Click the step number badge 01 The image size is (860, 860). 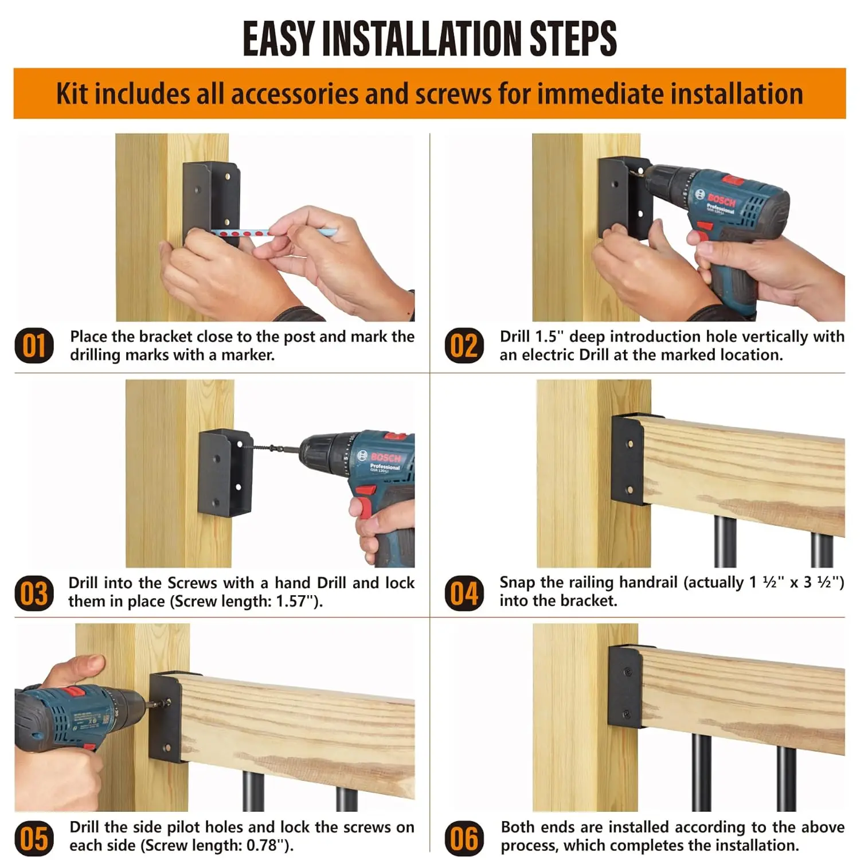(x=34, y=346)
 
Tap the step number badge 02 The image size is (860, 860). (x=463, y=346)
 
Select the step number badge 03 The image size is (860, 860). (x=34, y=593)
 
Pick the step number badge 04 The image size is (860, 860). (x=463, y=593)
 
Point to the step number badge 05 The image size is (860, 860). (x=34, y=838)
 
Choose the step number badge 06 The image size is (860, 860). (x=463, y=838)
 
